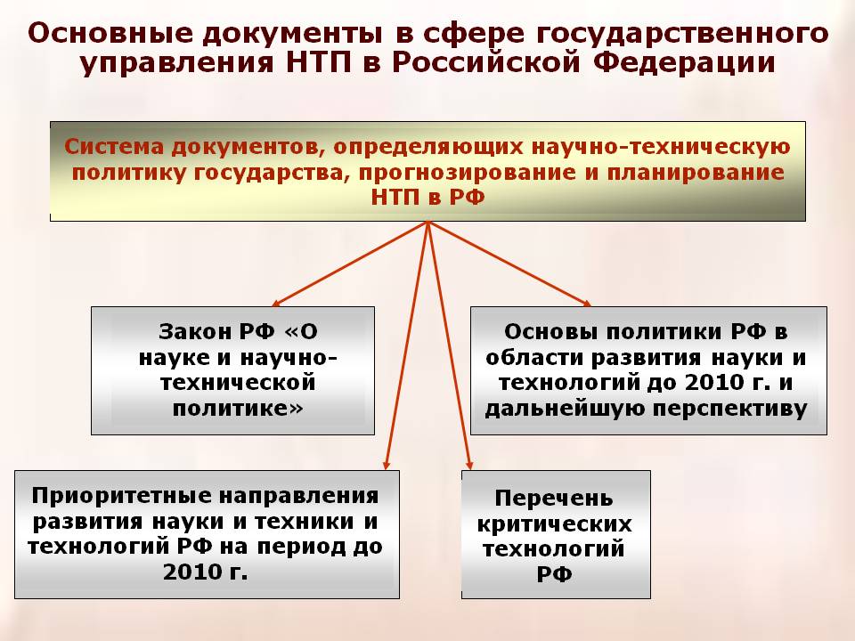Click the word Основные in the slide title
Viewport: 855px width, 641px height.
[x=110, y=34]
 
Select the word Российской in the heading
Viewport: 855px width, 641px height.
[x=485, y=61]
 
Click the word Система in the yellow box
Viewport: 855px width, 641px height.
[x=114, y=147]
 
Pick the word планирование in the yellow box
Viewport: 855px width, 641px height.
[x=696, y=173]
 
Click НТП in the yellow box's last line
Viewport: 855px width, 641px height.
[x=395, y=197]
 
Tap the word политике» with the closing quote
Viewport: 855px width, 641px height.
[x=238, y=409]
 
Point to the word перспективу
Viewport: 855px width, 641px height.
[x=729, y=409]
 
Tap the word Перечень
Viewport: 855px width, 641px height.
[x=554, y=499]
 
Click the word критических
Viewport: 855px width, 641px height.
[x=555, y=524]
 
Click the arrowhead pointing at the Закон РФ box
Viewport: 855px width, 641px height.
[x=275, y=304]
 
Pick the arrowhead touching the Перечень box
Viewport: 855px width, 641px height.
[x=469, y=466]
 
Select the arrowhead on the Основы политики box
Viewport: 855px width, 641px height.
[x=587, y=304]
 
